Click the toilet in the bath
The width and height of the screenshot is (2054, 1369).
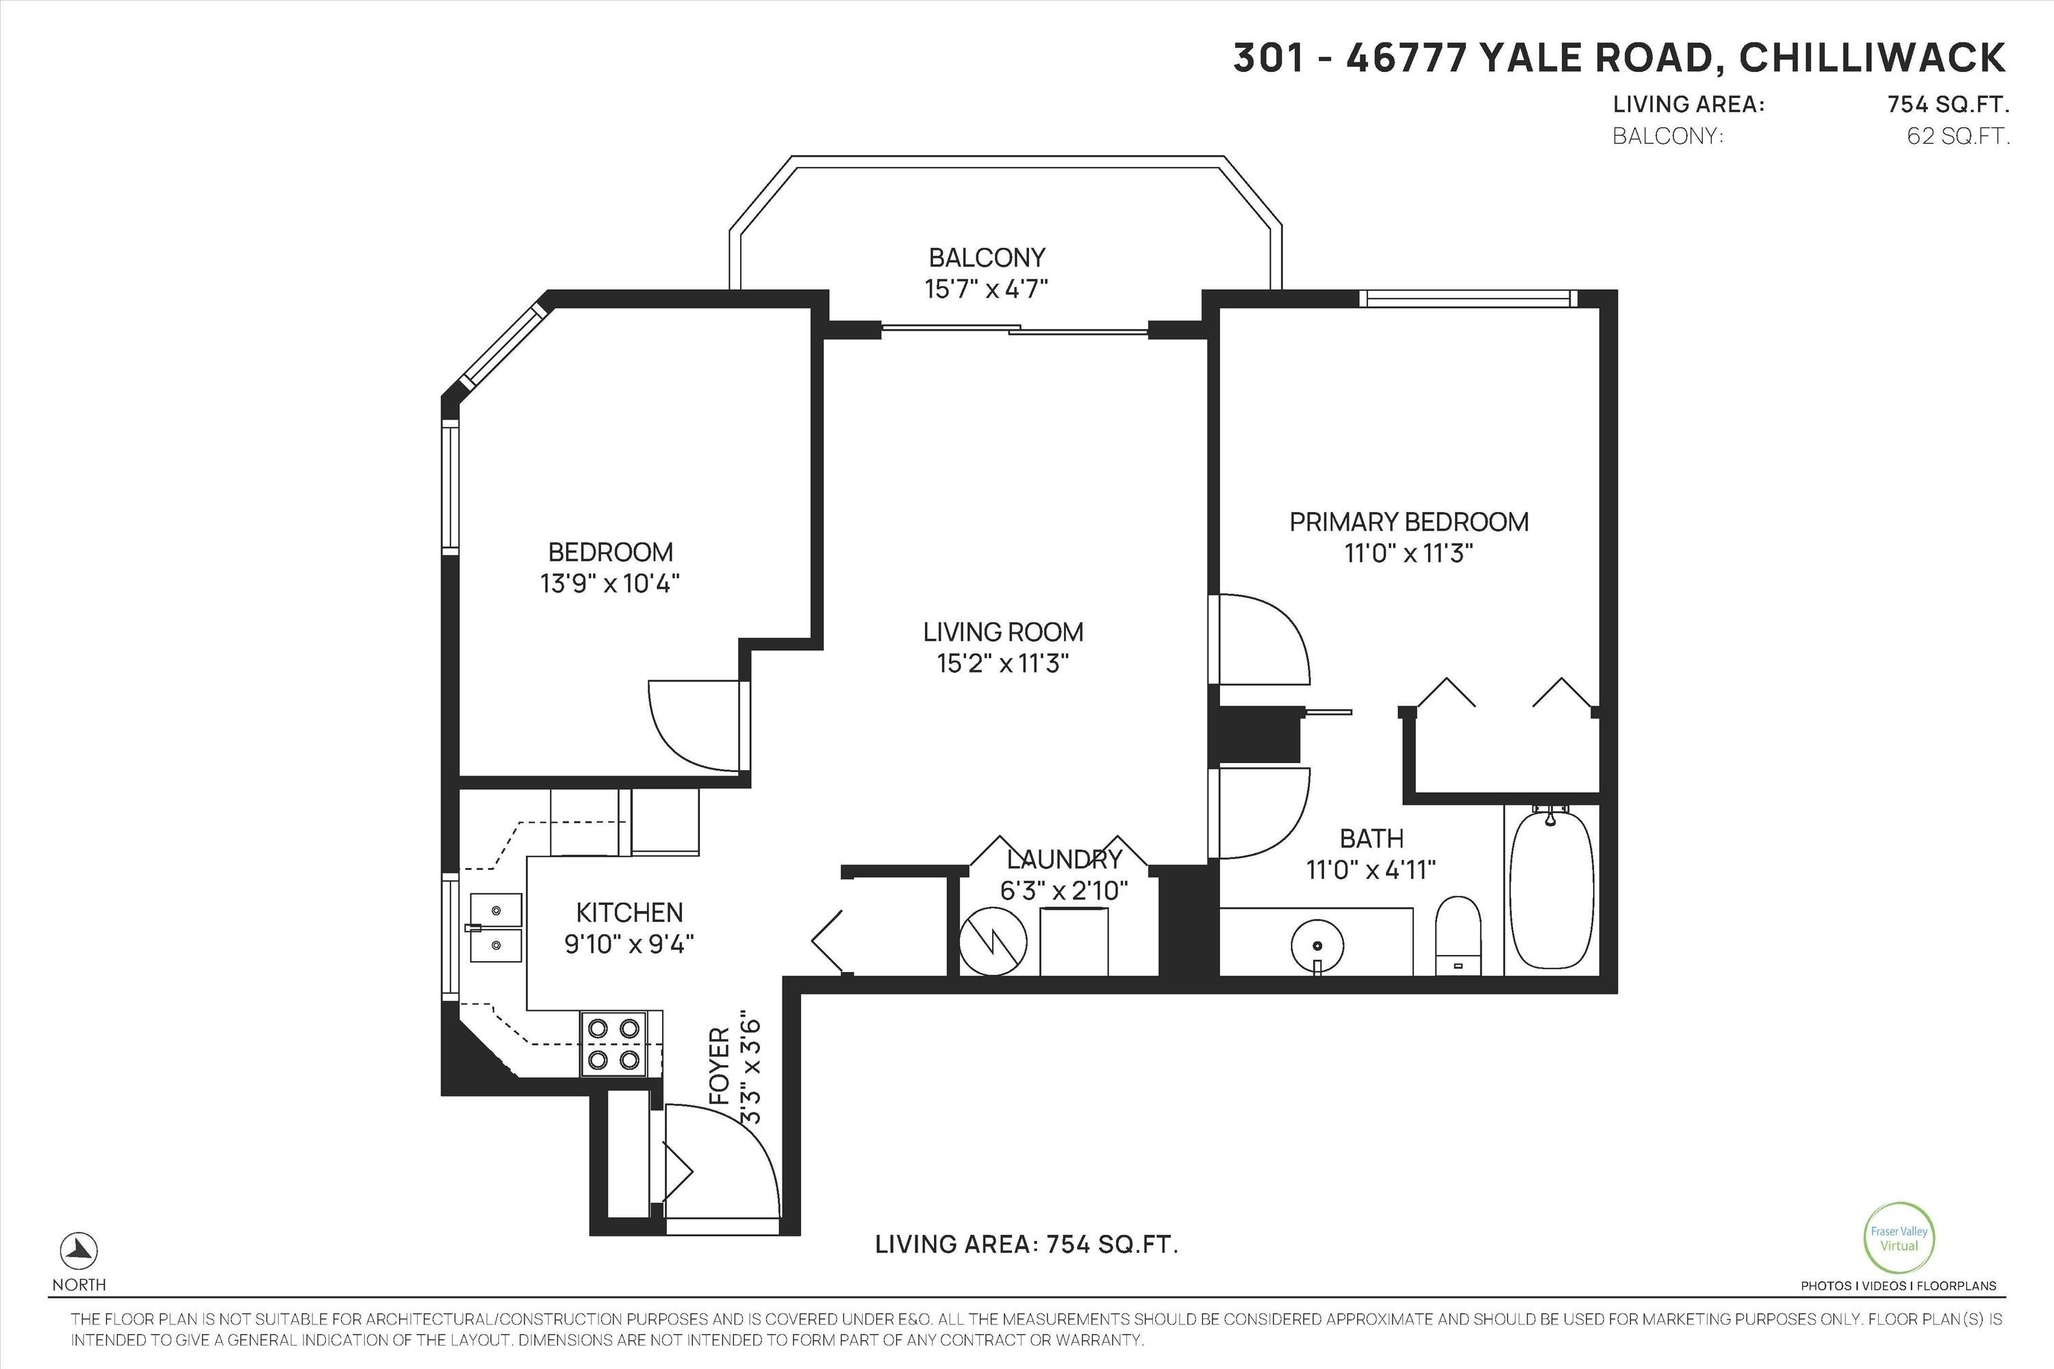[1458, 935]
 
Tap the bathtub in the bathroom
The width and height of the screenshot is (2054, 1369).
[1551, 888]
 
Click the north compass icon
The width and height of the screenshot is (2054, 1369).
[79, 1251]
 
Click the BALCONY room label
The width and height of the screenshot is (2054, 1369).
[987, 257]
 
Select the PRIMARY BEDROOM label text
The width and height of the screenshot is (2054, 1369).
[1408, 522]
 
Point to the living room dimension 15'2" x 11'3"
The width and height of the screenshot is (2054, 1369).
[1004, 663]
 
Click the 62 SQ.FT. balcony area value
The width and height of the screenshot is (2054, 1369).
[1958, 136]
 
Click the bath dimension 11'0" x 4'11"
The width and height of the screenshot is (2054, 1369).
[1371, 869]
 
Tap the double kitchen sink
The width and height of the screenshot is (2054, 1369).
[496, 927]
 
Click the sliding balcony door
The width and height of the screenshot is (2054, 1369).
[1014, 329]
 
